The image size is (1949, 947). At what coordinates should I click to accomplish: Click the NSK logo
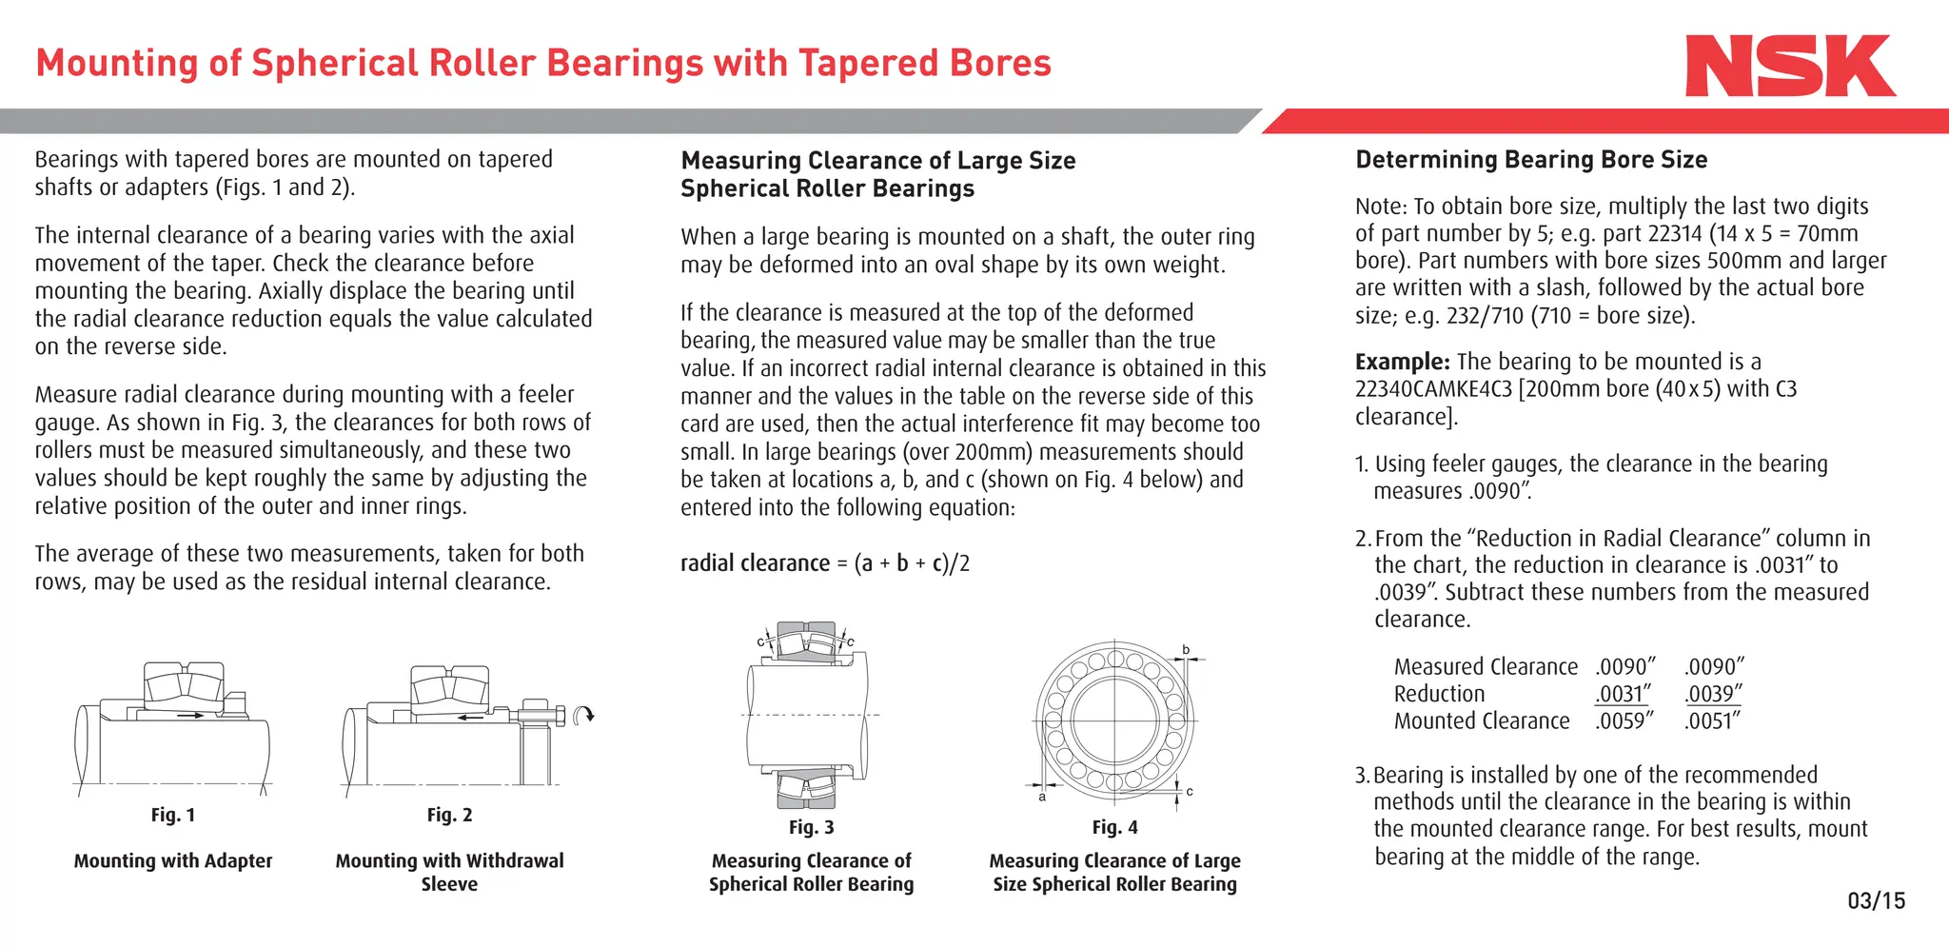click(1789, 66)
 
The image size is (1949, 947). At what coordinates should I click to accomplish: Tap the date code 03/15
click(1876, 900)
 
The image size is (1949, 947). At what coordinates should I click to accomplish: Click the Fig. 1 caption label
click(173, 815)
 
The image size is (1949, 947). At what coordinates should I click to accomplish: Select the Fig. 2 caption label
click(449, 815)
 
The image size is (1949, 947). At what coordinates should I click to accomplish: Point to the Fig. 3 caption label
click(811, 827)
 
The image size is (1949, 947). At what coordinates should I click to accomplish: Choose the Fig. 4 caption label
click(1114, 827)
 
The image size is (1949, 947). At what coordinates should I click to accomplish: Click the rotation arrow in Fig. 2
click(586, 715)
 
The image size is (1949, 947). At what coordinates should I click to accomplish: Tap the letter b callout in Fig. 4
click(1186, 650)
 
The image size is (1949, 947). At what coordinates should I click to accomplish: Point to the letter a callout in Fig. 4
click(1042, 798)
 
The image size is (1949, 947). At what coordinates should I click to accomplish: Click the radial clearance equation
click(824, 563)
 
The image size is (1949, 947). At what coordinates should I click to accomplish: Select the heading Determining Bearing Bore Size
click(1530, 160)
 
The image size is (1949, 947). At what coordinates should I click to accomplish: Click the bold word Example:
click(1402, 362)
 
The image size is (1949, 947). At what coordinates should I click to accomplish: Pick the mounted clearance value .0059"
click(1624, 721)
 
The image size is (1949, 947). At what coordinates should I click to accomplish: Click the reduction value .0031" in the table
click(1623, 694)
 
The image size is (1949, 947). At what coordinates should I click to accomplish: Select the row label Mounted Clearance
click(1481, 721)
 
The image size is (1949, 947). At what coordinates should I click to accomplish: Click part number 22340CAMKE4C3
click(1432, 389)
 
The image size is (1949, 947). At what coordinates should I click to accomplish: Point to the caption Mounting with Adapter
click(173, 860)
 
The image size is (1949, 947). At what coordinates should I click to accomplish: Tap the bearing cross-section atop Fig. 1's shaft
click(184, 684)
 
